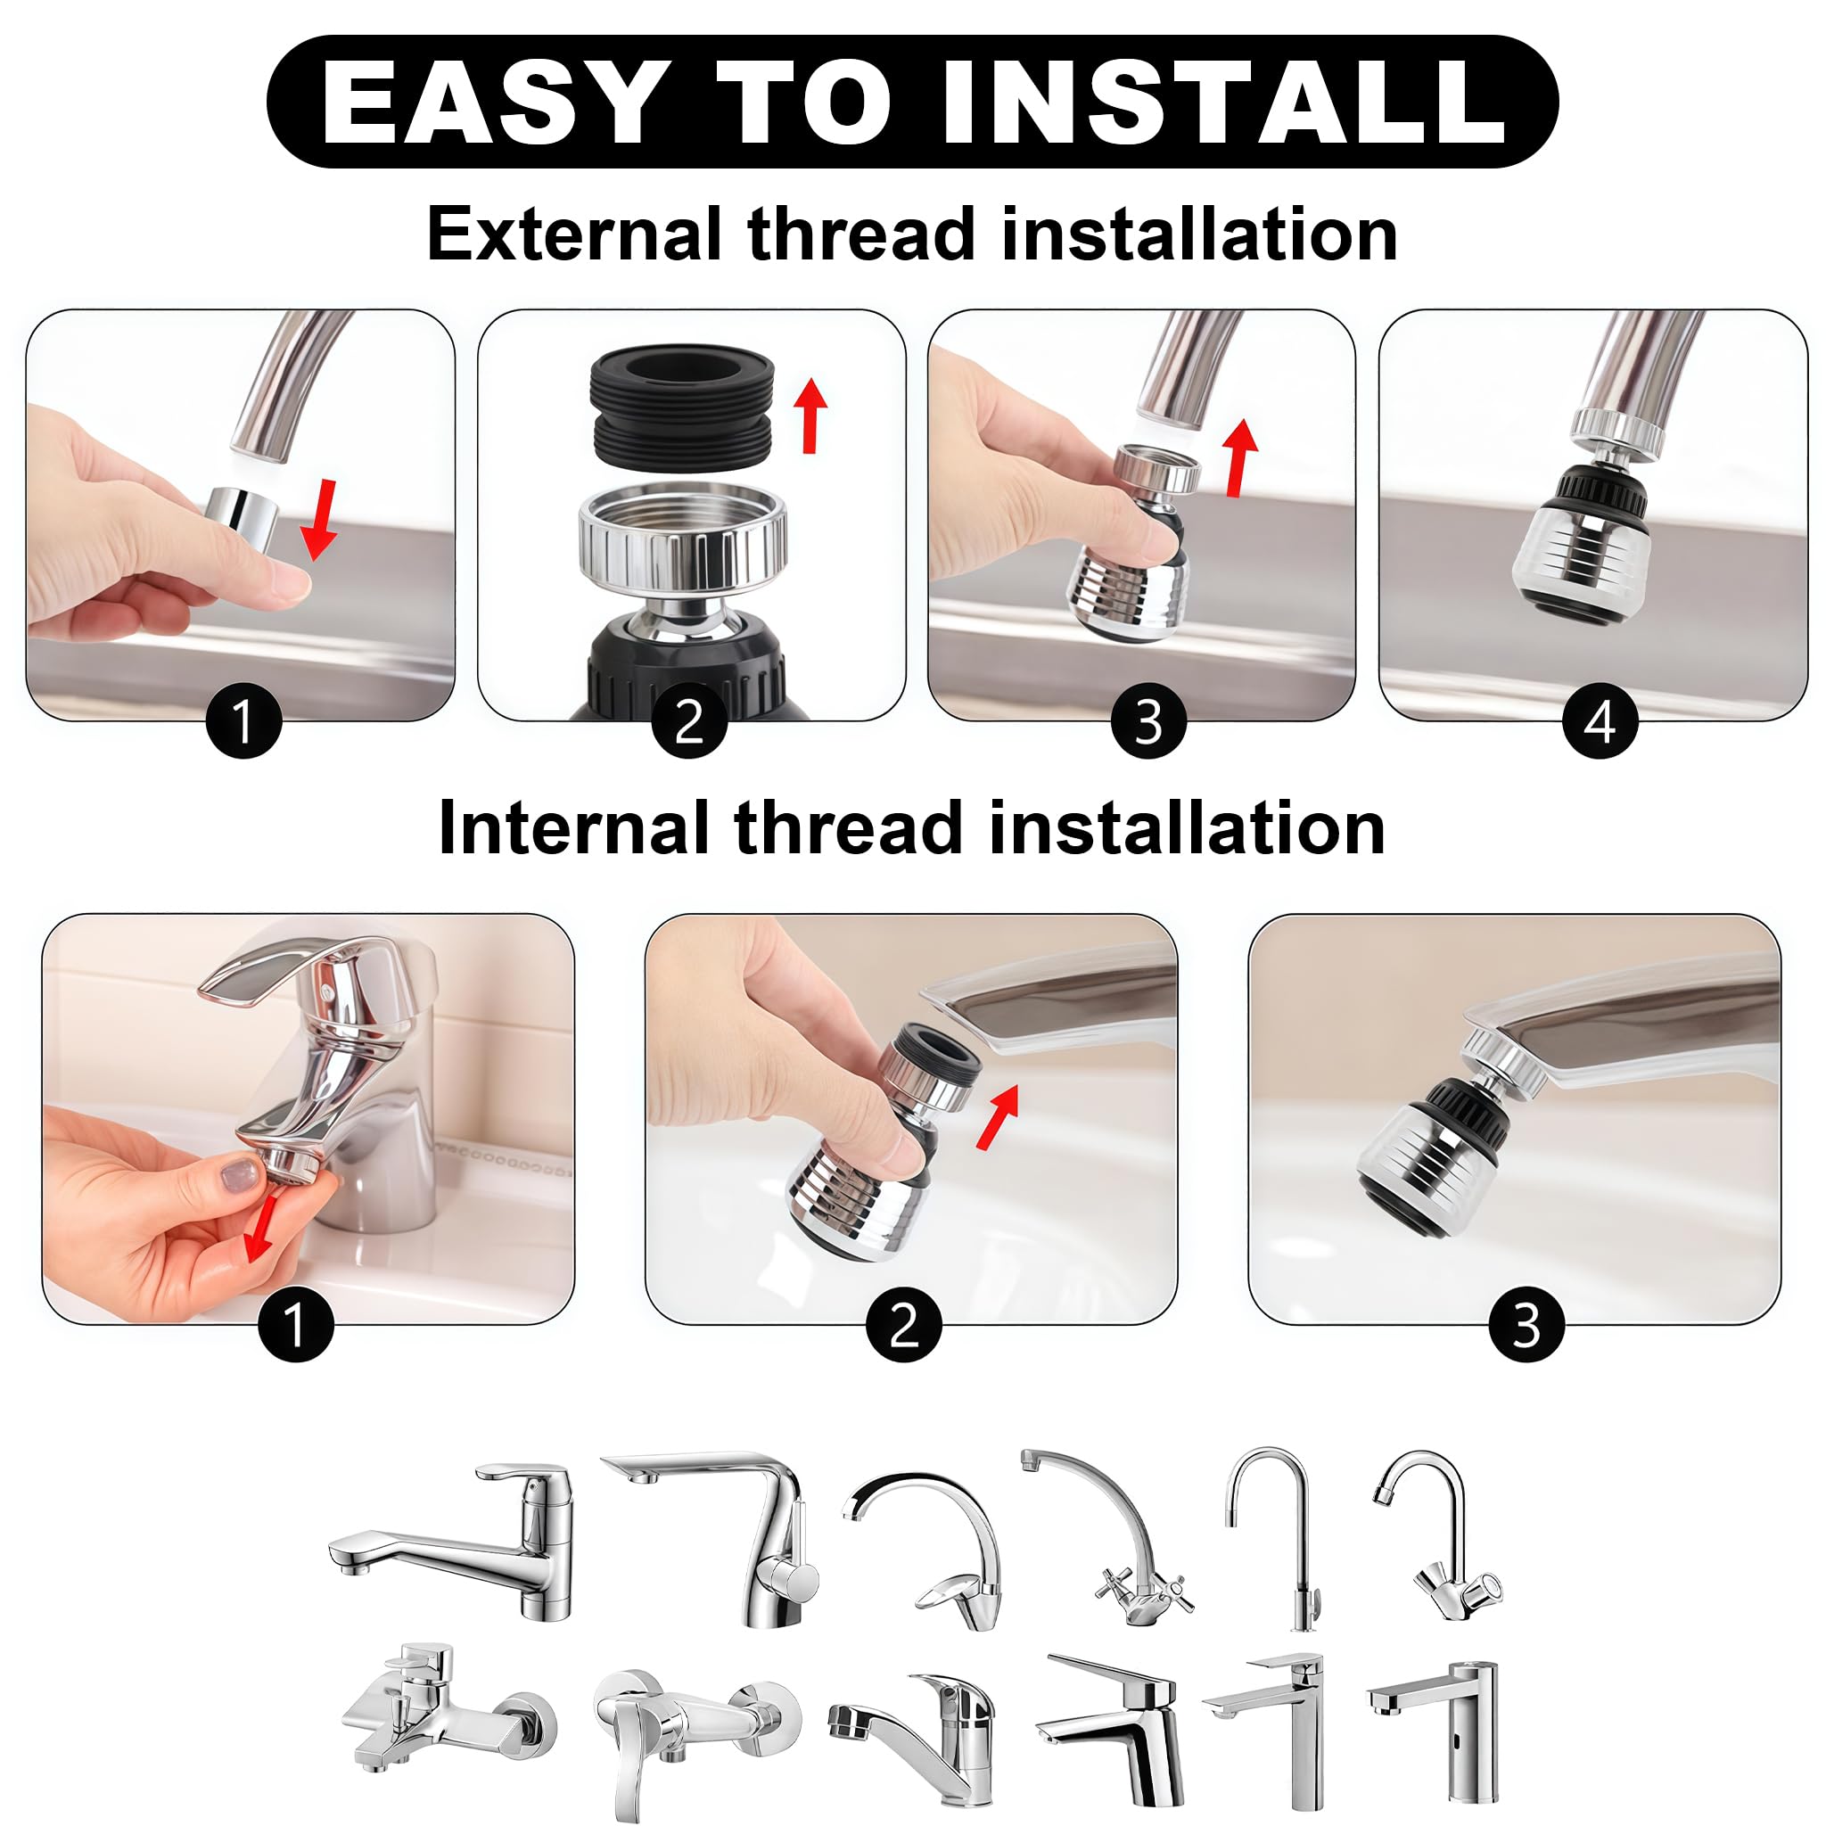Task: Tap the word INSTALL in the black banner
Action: (1224, 102)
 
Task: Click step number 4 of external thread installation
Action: (1600, 721)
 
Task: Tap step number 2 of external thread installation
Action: (690, 721)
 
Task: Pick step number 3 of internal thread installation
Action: (1526, 1324)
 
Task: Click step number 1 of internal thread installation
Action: (296, 1324)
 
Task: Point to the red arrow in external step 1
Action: (321, 519)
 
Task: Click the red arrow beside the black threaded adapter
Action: (810, 415)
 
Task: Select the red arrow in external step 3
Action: (1239, 457)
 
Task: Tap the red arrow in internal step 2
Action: (997, 1116)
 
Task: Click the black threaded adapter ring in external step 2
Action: (681, 406)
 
